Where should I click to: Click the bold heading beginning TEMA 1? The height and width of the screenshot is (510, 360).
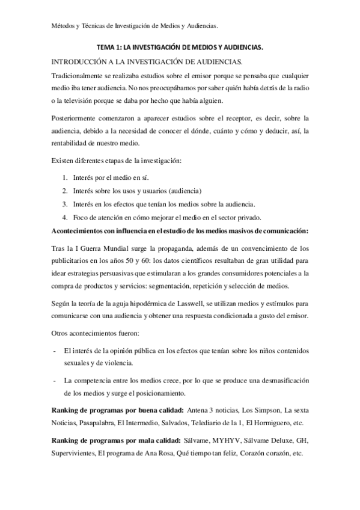pos(180,46)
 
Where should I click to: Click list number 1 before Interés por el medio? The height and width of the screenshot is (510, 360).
pos(64,179)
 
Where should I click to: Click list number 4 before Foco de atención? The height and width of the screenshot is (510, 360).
pos(64,217)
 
